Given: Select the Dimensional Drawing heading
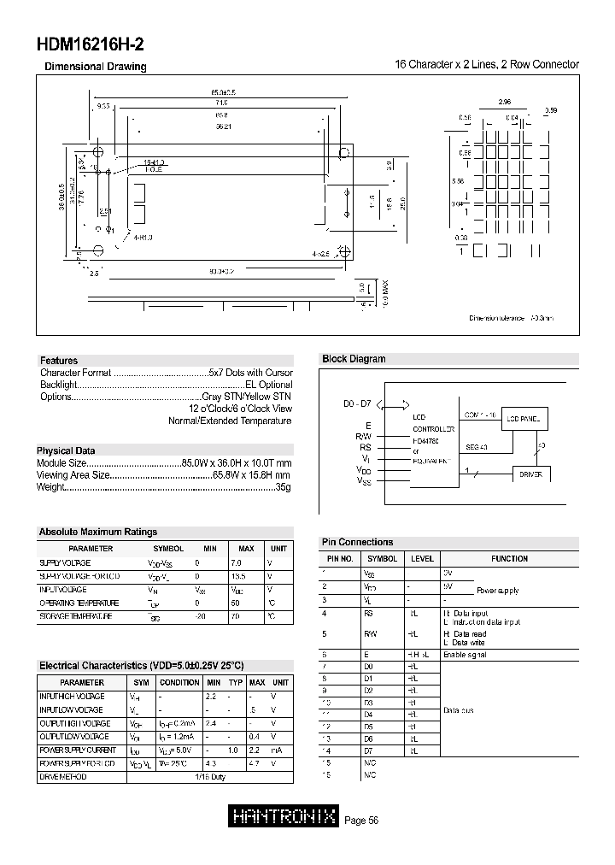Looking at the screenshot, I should [x=95, y=67].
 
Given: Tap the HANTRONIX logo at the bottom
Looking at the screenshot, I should [x=285, y=817].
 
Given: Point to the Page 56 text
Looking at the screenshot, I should [x=361, y=821].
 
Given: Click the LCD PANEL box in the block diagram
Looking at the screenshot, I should [x=523, y=419].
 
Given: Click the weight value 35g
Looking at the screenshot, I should [x=284, y=487].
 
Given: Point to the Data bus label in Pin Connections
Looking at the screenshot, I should [x=459, y=711].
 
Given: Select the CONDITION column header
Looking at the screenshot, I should [x=180, y=683].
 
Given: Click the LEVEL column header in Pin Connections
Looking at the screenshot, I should [x=422, y=559].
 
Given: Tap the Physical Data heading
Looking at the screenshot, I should [x=66, y=450].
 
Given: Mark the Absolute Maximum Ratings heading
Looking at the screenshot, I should [x=98, y=532].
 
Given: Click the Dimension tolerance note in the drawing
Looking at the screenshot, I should [x=511, y=317].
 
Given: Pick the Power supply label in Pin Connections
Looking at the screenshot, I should [x=496, y=591].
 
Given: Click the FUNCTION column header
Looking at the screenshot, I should [x=509, y=559].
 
